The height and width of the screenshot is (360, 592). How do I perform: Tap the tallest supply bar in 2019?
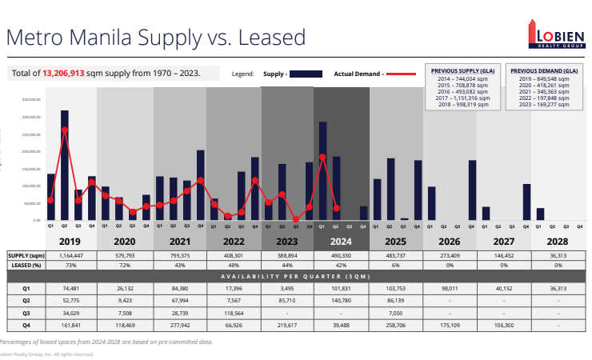[64, 165]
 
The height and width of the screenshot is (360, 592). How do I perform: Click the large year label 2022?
[234, 239]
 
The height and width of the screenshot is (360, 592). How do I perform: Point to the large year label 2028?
[558, 239]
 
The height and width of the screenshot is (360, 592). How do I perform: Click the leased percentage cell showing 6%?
[395, 265]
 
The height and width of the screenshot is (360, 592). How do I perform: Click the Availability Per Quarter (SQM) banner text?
[298, 276]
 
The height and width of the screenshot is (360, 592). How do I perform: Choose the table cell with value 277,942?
[179, 326]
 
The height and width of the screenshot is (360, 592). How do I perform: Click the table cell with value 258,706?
[395, 326]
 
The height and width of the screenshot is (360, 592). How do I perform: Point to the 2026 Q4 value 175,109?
[450, 326]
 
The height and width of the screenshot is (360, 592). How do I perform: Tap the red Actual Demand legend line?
[402, 74]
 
